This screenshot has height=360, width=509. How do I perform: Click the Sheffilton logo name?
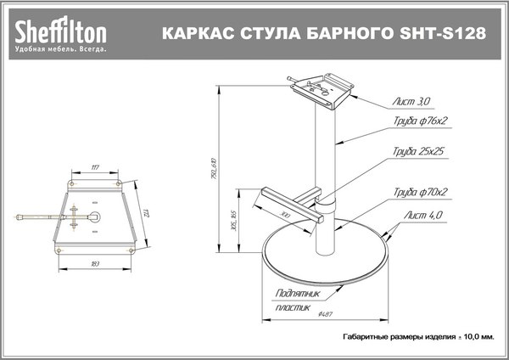tap(59, 31)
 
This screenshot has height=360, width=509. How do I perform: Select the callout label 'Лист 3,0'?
tap(411, 101)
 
